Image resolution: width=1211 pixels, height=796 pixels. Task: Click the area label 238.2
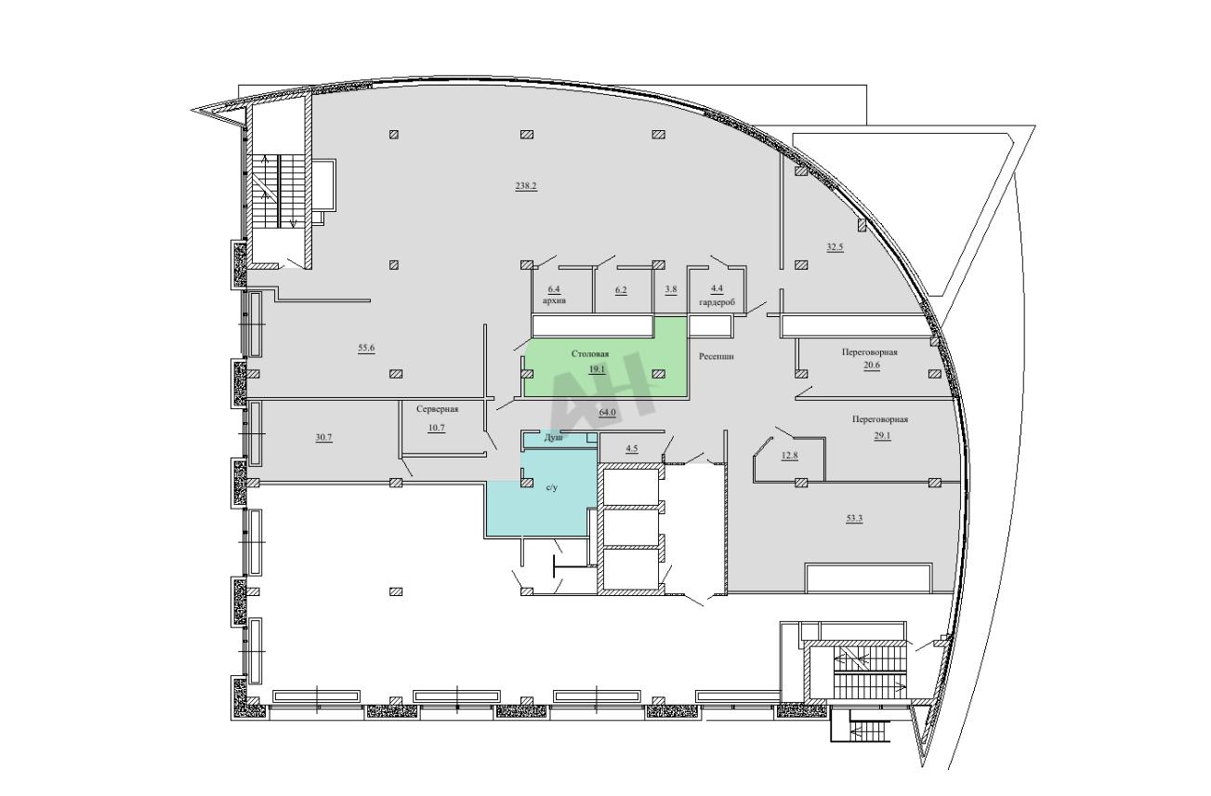pyautogui.click(x=525, y=186)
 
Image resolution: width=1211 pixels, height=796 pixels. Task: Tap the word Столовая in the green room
pyautogui.click(x=590, y=354)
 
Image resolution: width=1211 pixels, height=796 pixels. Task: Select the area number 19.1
pyautogui.click(x=597, y=369)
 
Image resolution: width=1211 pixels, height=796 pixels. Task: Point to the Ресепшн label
pyautogui.click(x=717, y=356)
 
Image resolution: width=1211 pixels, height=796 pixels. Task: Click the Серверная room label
pyautogui.click(x=438, y=409)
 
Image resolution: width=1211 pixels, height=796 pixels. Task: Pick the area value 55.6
pyautogui.click(x=366, y=348)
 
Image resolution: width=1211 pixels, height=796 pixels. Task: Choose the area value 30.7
pyautogui.click(x=323, y=437)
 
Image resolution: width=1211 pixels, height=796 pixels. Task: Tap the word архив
pyautogui.click(x=554, y=300)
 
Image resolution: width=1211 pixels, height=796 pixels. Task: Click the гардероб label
pyautogui.click(x=717, y=302)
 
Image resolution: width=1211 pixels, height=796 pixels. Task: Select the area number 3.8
pyautogui.click(x=671, y=289)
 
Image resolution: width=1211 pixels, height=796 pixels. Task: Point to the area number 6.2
pyautogui.click(x=621, y=290)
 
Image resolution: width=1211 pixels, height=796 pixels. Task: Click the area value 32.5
pyautogui.click(x=835, y=247)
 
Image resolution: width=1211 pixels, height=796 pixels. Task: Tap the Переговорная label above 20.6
pyautogui.click(x=869, y=352)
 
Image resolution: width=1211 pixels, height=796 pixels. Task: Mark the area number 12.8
pyautogui.click(x=789, y=456)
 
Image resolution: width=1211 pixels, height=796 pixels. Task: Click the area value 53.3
pyautogui.click(x=854, y=519)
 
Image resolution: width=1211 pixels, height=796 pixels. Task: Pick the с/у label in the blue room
pyautogui.click(x=552, y=488)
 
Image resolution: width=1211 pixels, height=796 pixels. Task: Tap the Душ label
pyautogui.click(x=553, y=437)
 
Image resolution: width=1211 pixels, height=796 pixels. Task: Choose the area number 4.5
pyautogui.click(x=631, y=448)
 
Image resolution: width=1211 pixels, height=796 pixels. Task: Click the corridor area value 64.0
pyautogui.click(x=607, y=412)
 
